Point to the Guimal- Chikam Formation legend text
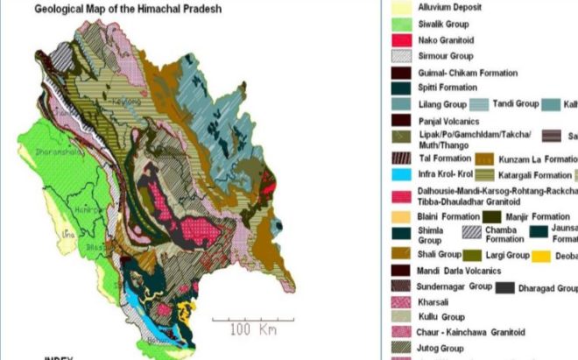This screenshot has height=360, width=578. coord(468,73)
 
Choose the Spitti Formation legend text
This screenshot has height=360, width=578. coord(448,88)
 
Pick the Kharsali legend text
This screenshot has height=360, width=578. coord(434,300)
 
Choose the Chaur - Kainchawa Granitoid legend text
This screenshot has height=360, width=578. coord(471,332)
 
